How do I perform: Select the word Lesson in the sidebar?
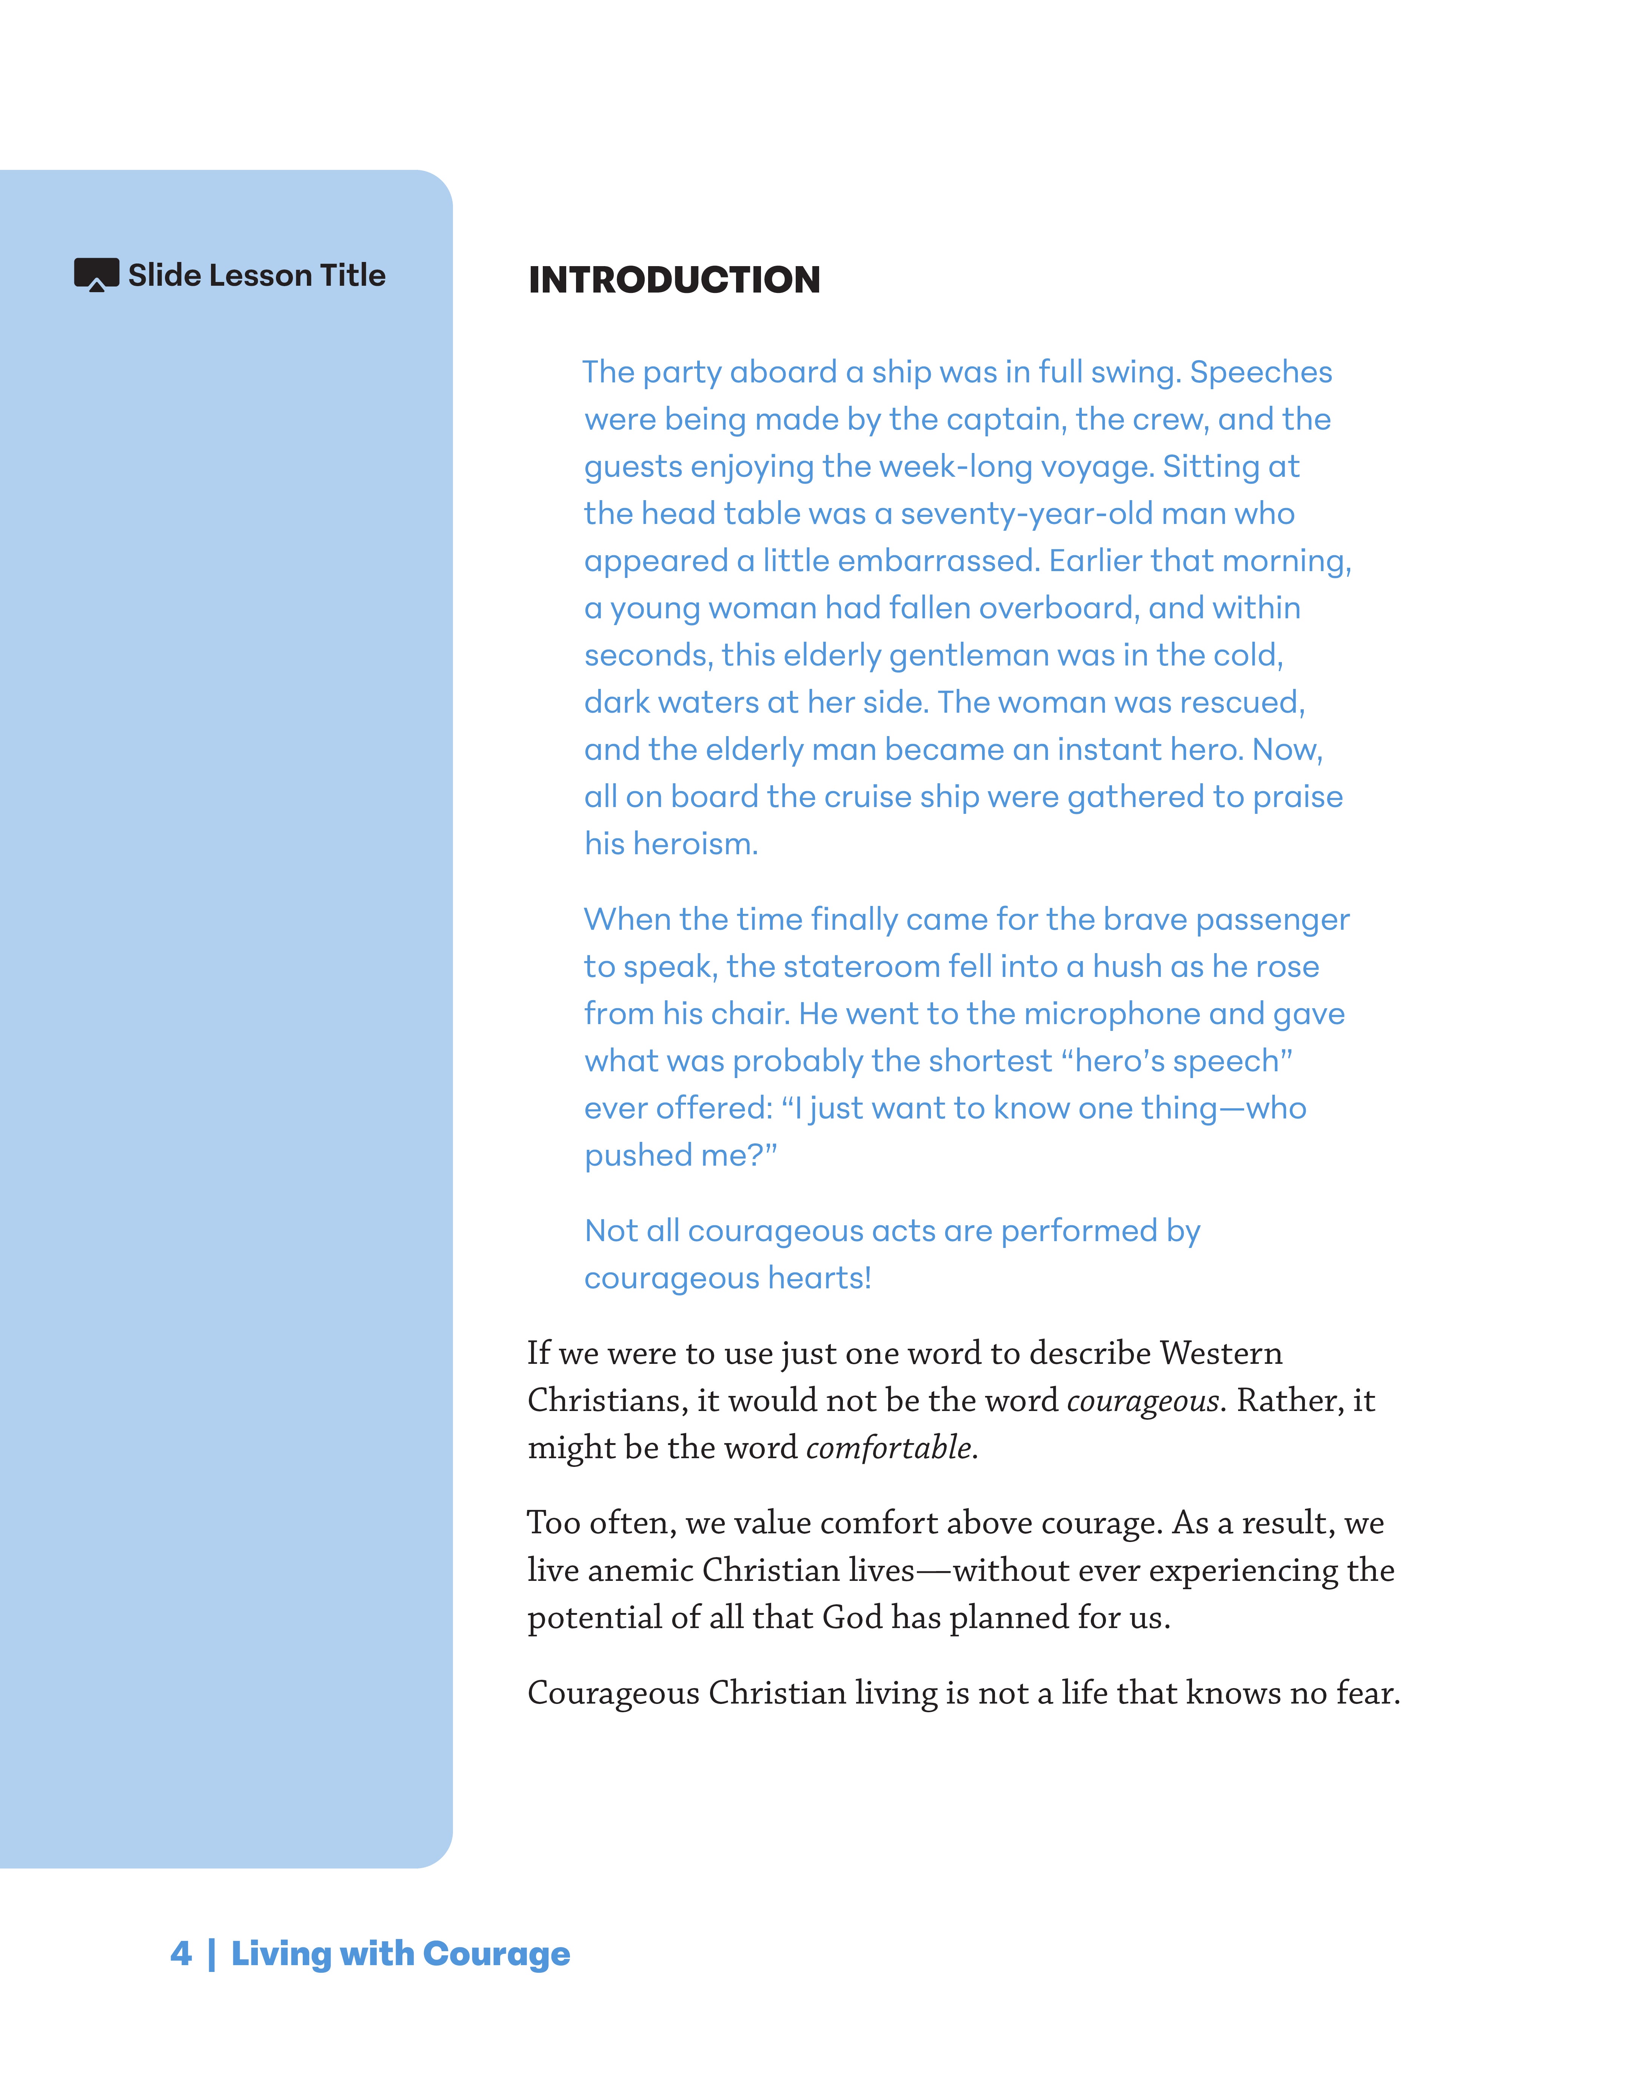[258, 276]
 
